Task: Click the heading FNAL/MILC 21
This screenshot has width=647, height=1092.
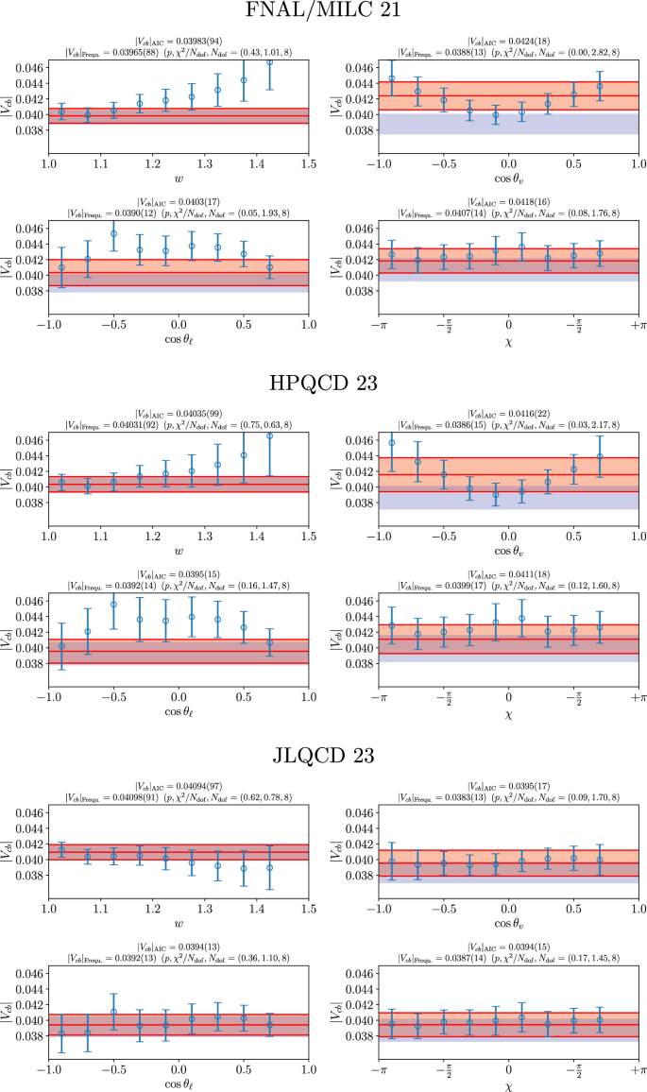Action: (x=323, y=11)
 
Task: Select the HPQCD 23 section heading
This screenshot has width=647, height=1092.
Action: (x=323, y=384)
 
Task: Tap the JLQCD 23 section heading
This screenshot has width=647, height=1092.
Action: (x=323, y=756)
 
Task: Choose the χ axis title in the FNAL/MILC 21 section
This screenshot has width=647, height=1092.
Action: (x=508, y=351)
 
